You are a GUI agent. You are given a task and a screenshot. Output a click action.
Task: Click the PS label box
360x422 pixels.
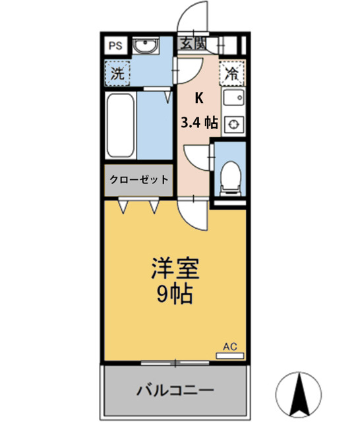point(116,46)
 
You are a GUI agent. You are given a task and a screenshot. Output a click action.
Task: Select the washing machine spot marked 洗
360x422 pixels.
point(117,73)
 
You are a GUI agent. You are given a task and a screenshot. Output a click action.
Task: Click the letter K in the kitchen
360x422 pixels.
point(198,98)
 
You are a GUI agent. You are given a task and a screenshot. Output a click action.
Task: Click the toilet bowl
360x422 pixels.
point(230,177)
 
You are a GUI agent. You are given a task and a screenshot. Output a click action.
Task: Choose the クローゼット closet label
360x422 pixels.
point(138,179)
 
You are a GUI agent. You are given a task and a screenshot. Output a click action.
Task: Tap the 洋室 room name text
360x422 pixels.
point(175,267)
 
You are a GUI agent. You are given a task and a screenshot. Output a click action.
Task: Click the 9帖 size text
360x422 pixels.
point(175,294)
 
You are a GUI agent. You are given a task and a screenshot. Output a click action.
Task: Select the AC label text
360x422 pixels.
point(229,346)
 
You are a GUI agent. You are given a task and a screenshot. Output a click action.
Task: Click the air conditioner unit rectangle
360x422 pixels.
point(229,356)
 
